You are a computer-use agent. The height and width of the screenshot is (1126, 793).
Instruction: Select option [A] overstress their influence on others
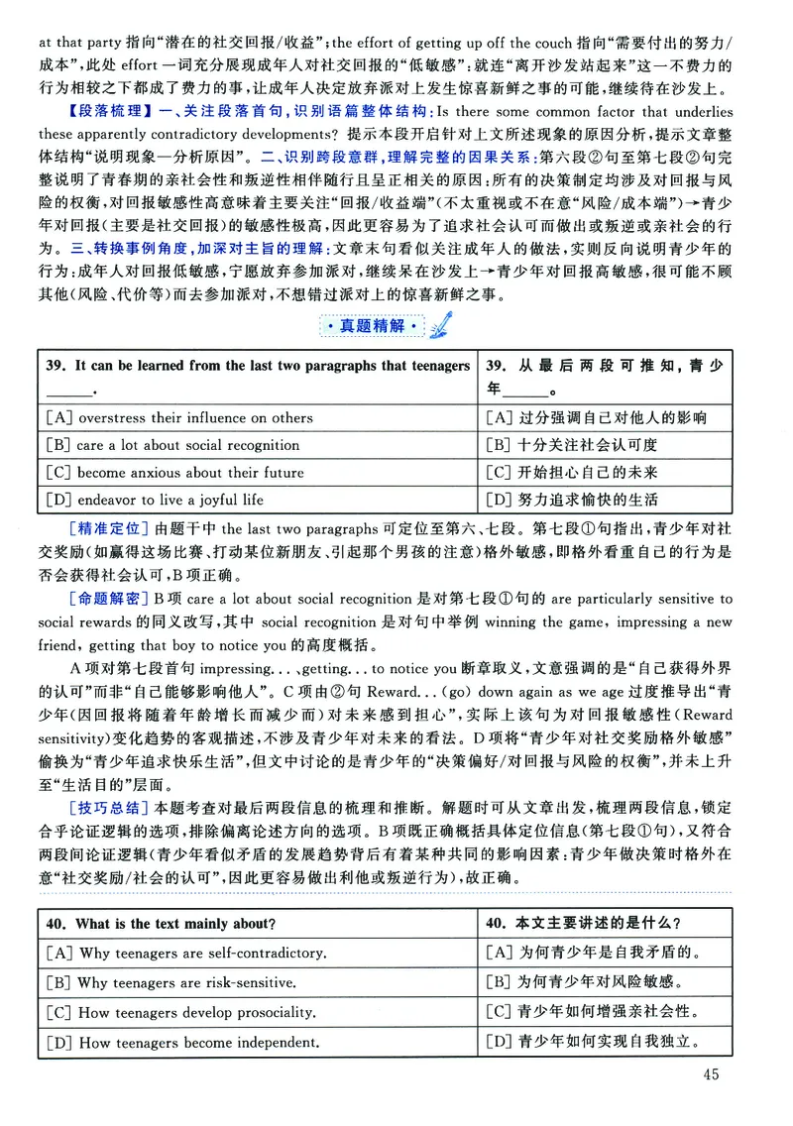(x=179, y=418)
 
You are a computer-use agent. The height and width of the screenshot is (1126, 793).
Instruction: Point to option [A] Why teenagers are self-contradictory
(x=186, y=954)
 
